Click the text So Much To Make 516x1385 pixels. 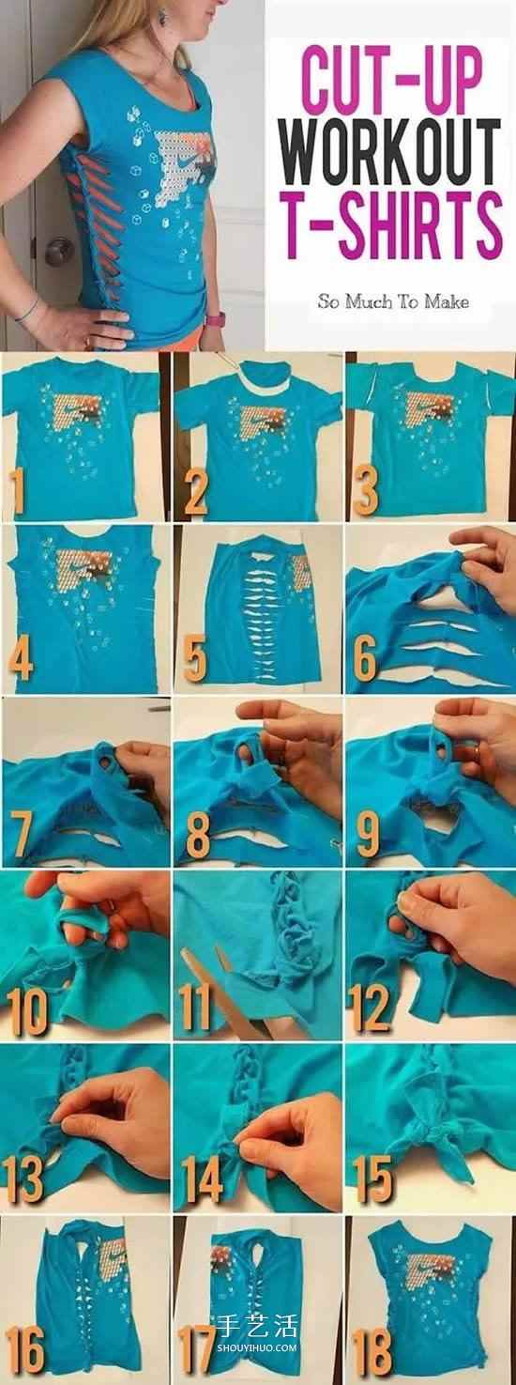pyautogui.click(x=393, y=301)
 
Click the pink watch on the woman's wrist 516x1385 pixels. pyautogui.click(x=215, y=319)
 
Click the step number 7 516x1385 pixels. pyautogui.click(x=20, y=835)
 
